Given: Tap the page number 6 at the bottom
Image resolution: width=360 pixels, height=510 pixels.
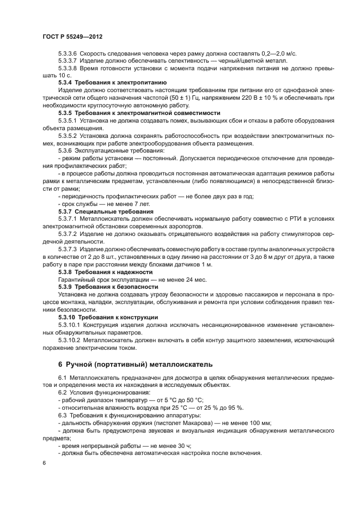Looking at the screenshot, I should click(x=44, y=463).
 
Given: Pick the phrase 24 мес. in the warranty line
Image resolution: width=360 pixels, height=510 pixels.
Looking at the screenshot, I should click(x=179, y=279).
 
